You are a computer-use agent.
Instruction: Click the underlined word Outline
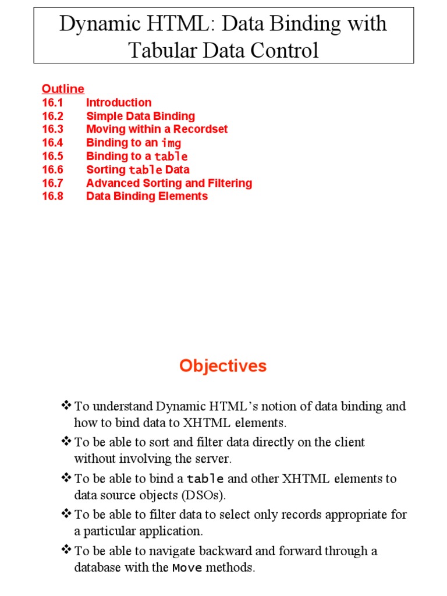coord(63,88)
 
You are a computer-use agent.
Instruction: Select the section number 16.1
coord(52,102)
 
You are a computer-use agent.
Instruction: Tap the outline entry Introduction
coord(119,102)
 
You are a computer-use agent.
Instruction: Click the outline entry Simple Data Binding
coord(140,116)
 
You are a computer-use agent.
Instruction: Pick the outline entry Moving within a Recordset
coord(157,129)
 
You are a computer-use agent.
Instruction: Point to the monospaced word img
coord(171,143)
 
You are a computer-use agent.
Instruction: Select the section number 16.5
coord(52,156)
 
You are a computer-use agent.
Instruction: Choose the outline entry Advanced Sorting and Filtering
coord(169,183)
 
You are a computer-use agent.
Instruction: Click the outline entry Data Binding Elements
coord(147,196)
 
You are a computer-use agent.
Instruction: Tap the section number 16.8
coord(52,196)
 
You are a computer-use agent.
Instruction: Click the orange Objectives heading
coord(223,366)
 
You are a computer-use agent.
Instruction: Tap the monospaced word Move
coord(187,568)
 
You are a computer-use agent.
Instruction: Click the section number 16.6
coord(52,169)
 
